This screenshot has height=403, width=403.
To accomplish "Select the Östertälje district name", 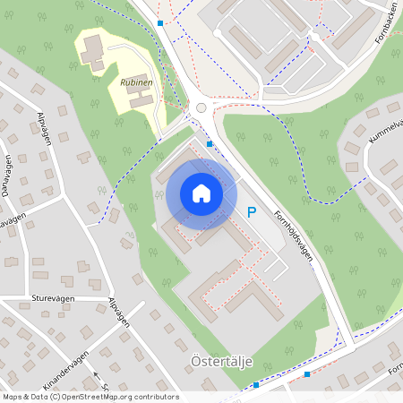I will click(222, 362).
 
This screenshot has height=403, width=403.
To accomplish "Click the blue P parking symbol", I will click(252, 213).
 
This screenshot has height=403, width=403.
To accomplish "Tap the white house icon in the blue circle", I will click(201, 193).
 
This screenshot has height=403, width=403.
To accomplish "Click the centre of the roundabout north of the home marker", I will click(201, 108).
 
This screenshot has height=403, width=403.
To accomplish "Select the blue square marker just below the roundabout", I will click(210, 143).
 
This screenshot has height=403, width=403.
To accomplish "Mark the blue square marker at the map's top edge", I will click(159, 22).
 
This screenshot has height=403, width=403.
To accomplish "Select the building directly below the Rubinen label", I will click(141, 100).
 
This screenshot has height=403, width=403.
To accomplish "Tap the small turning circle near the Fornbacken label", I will click(314, 38).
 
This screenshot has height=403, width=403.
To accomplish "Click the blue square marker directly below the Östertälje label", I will click(256, 385).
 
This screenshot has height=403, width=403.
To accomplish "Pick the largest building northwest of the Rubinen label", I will click(92, 48).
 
